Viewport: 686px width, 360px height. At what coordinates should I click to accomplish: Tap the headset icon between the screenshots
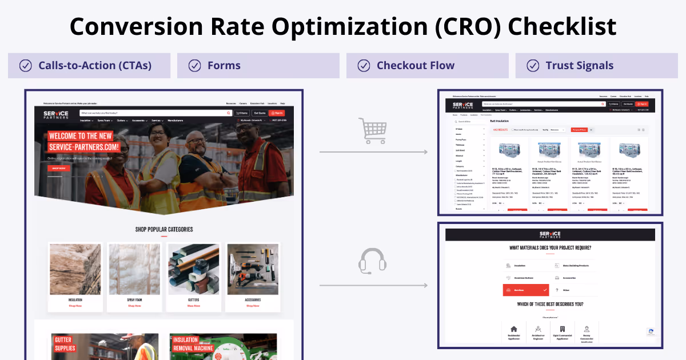(x=372, y=261)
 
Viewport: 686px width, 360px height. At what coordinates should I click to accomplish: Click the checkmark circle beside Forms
(x=194, y=66)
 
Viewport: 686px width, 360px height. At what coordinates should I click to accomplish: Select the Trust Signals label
(x=579, y=66)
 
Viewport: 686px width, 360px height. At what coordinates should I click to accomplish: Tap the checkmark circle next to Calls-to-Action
(x=26, y=66)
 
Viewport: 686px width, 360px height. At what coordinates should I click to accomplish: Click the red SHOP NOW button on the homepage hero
(x=58, y=169)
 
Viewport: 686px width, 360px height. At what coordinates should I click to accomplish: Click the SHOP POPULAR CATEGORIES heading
(x=164, y=230)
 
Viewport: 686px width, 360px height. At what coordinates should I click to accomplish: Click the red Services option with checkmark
(x=525, y=290)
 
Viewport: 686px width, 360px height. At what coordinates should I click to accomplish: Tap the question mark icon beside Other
(x=556, y=290)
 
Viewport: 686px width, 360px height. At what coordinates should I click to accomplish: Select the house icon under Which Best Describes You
(x=513, y=329)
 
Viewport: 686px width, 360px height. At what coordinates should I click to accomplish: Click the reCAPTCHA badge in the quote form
(x=651, y=332)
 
